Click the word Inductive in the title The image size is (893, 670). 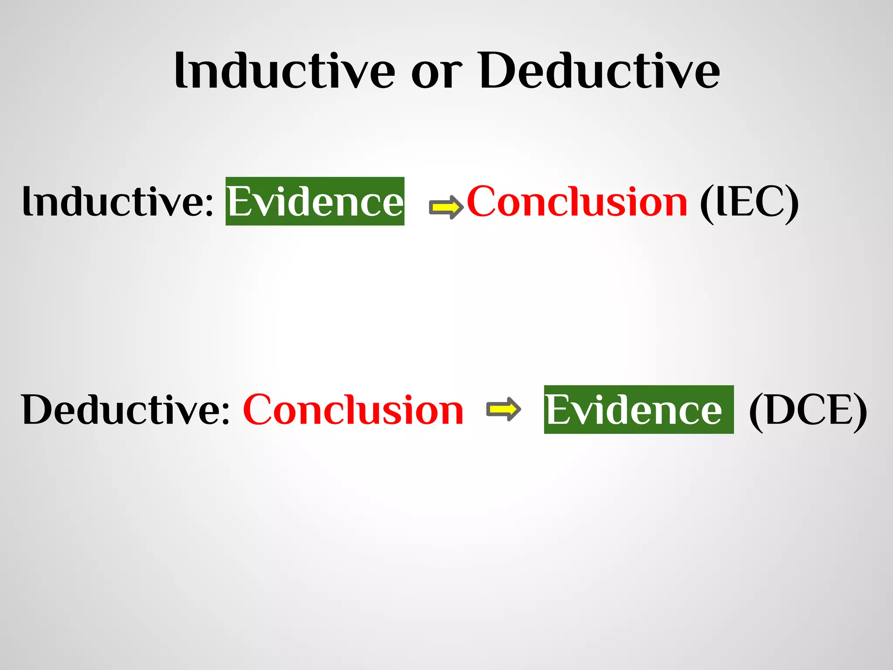tap(284, 71)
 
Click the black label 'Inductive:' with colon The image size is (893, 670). tap(118, 202)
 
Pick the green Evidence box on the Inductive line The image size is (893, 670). tap(315, 202)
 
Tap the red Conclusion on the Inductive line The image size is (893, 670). tap(577, 202)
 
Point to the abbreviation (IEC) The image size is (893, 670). tap(749, 202)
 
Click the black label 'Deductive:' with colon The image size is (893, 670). tap(125, 410)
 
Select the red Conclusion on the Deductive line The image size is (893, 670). tap(353, 410)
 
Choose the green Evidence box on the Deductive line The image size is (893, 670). tap(638, 410)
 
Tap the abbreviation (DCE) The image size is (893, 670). tap(808, 411)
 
